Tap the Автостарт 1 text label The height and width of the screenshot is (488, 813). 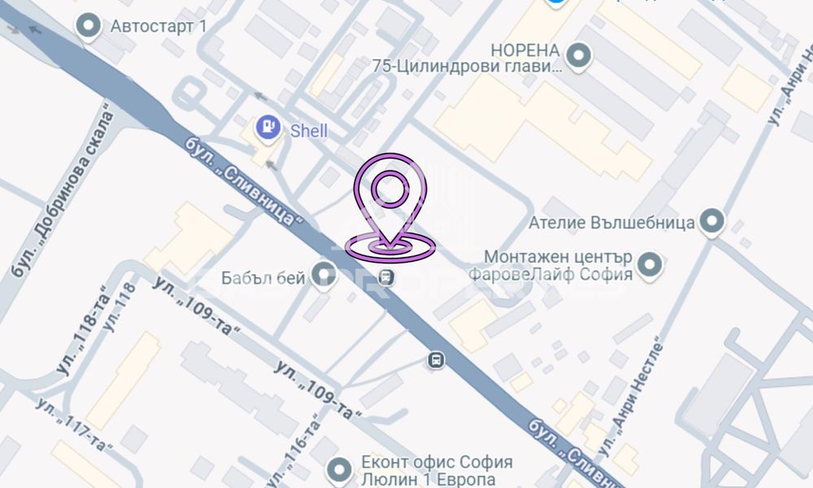pos(159,26)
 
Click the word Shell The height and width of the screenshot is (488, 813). pos(309,130)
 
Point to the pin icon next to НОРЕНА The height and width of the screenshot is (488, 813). pos(579,55)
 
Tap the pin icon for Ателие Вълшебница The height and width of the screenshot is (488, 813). pos(713,221)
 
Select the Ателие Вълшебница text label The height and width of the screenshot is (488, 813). pos(611,221)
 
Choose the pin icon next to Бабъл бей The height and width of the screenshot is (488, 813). pos(325,272)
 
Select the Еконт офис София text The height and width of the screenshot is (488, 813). pos(437,462)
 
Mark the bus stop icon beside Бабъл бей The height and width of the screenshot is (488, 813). pos(388,278)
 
